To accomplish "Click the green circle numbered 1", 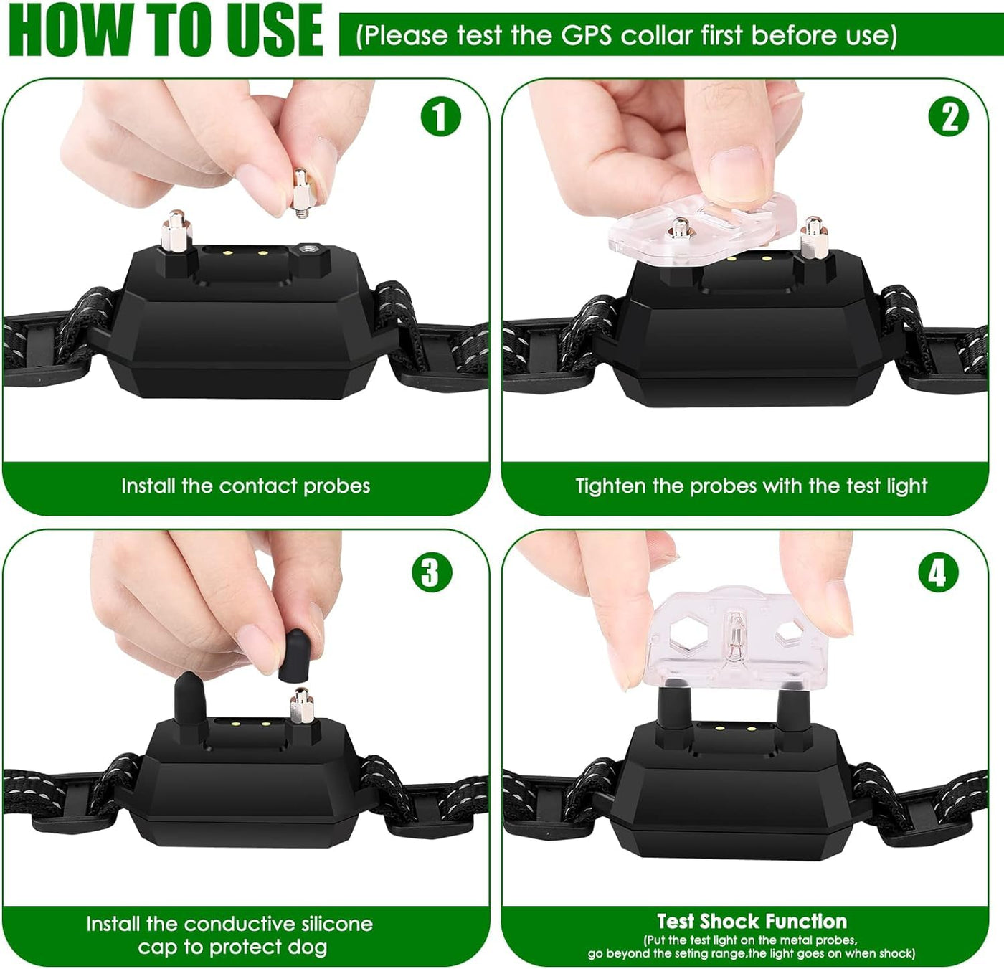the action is (x=440, y=117).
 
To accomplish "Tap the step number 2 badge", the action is (x=948, y=117).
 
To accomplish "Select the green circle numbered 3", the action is (x=431, y=572).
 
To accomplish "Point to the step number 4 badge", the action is (x=939, y=572).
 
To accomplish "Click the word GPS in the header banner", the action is (x=586, y=36).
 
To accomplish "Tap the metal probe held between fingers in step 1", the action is (x=300, y=193).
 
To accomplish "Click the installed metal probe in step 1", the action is (x=176, y=232).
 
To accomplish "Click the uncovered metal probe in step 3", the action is (x=302, y=704).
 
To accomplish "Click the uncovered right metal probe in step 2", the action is (x=814, y=238).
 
